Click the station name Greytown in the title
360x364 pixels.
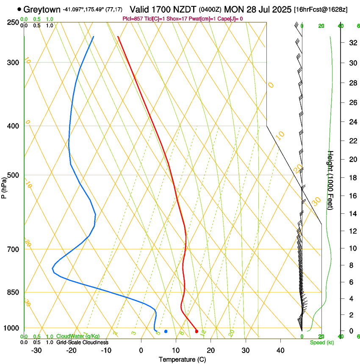click(42, 9)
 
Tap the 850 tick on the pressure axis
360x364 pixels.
click(13, 292)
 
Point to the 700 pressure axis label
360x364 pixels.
click(13, 249)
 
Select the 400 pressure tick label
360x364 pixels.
click(13, 126)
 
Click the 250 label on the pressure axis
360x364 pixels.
click(13, 22)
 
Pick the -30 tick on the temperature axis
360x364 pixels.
click(36, 350)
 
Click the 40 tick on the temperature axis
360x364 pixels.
click(280, 350)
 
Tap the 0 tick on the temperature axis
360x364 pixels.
click(141, 350)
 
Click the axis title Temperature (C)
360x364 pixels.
click(182, 359)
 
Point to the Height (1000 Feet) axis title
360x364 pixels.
click(331, 180)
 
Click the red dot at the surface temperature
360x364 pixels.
click(197, 331)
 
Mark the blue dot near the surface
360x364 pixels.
click(166, 331)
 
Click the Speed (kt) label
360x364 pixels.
click(321, 342)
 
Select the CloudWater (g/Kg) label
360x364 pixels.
click(78, 336)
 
